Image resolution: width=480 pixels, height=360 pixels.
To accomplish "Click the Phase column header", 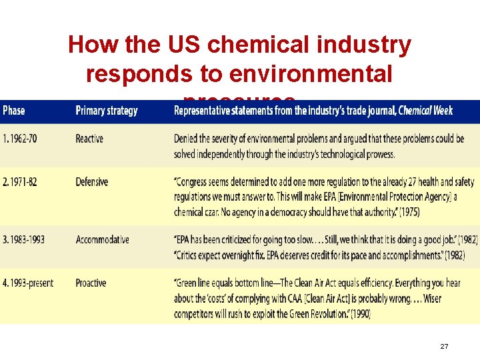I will click(x=14, y=111).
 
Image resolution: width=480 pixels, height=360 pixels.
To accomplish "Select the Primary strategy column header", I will click(x=107, y=111).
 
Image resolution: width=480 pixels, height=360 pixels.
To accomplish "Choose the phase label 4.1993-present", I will click(x=29, y=283).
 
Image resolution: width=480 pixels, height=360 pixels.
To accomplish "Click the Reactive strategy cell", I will click(x=89, y=139).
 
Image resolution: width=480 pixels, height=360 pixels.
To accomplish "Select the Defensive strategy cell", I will click(x=92, y=182).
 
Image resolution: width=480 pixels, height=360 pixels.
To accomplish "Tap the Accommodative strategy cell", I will click(x=103, y=239).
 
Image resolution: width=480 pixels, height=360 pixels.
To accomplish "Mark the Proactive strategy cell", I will click(x=91, y=283).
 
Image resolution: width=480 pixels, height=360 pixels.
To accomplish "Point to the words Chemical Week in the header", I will click(x=425, y=111).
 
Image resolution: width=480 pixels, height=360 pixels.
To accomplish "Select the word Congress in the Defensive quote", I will click(x=197, y=182).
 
